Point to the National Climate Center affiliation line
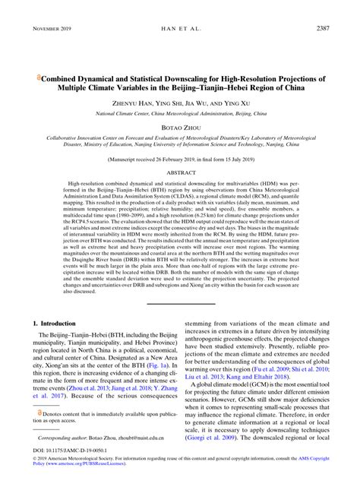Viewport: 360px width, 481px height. click(180, 112)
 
